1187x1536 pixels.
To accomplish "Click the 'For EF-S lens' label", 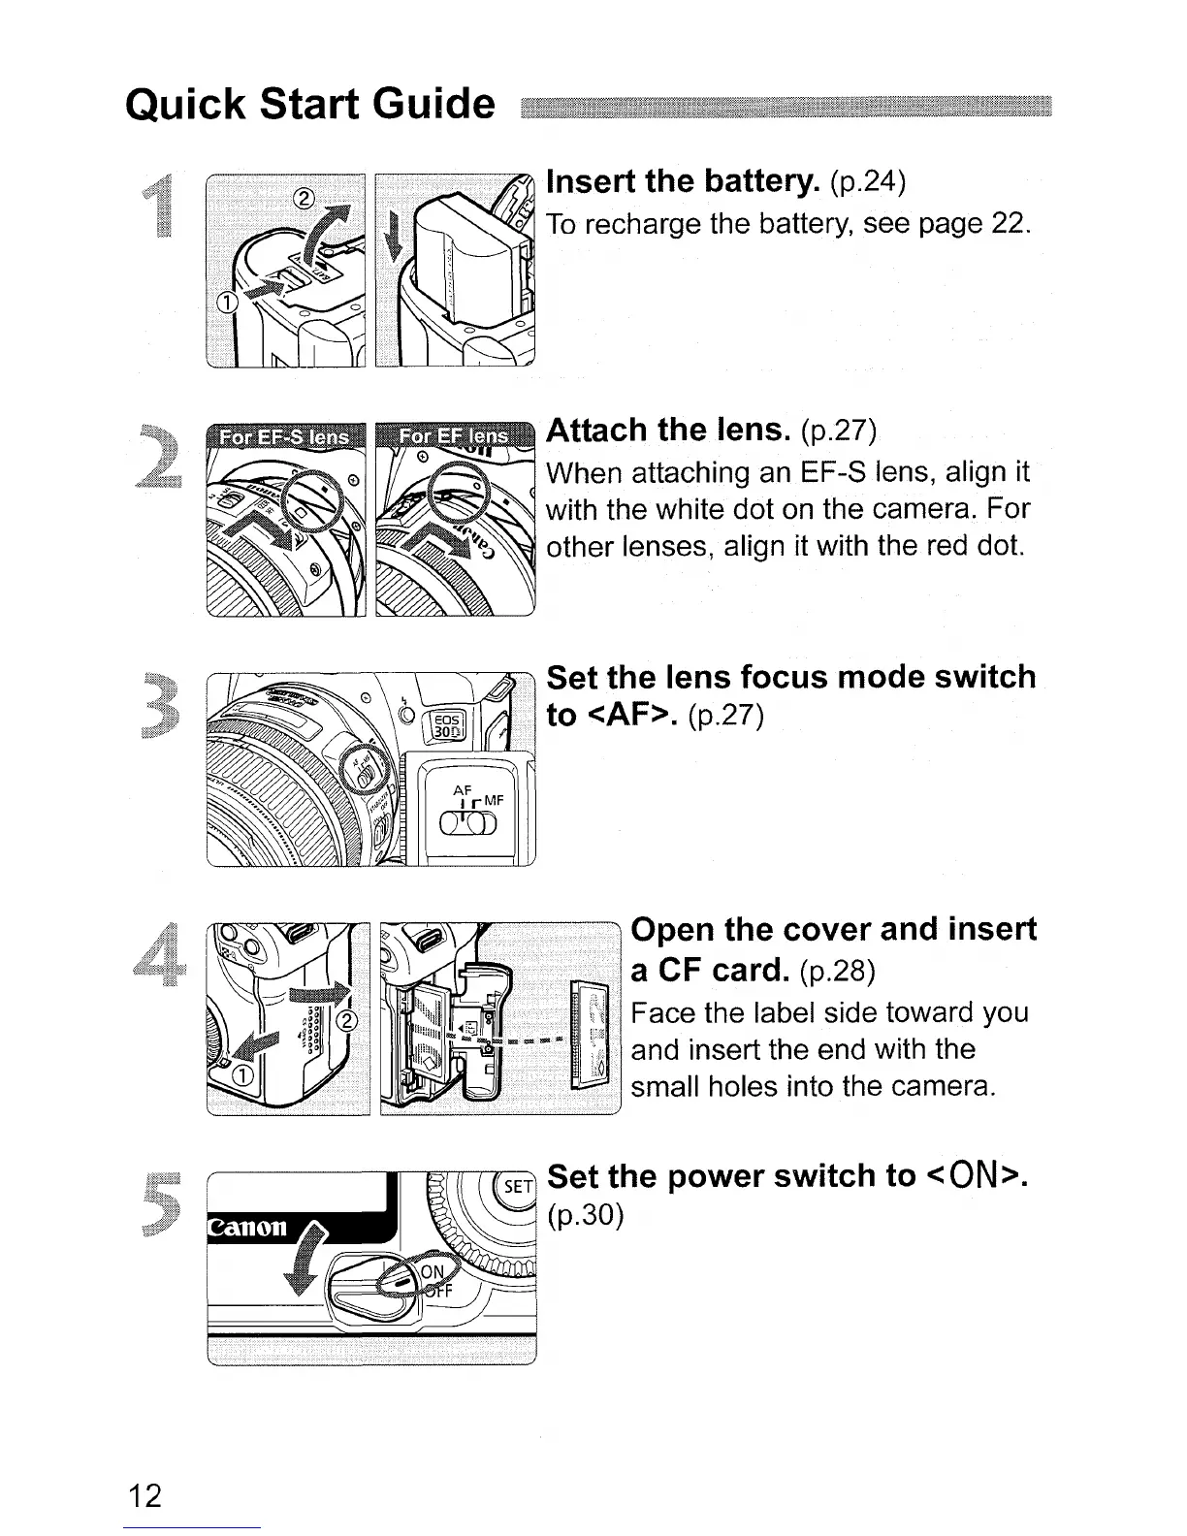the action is (284, 437).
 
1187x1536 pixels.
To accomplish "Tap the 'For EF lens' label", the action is (452, 437).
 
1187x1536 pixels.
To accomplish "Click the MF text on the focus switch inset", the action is (493, 801).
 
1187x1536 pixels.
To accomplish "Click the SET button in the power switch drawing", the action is (519, 1188).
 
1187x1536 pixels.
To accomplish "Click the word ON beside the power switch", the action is (431, 1272).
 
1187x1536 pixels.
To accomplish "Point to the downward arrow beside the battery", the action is (394, 238).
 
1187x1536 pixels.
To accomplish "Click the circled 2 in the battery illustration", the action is (302, 199).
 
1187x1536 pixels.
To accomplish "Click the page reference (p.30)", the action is (584, 1215).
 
